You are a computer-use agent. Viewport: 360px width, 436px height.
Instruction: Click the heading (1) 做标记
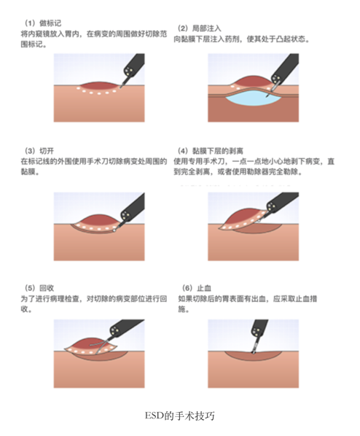(x=43, y=23)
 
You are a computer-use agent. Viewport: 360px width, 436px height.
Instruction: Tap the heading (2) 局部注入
(x=199, y=28)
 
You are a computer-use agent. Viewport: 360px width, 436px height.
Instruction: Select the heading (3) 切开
(x=39, y=151)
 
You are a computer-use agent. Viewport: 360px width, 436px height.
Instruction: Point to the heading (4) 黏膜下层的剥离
(x=210, y=151)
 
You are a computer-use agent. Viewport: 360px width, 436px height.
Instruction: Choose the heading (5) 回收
(x=39, y=288)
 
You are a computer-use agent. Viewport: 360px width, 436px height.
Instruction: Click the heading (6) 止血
(x=197, y=288)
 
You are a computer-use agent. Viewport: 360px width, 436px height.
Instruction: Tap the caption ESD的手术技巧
(x=180, y=416)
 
